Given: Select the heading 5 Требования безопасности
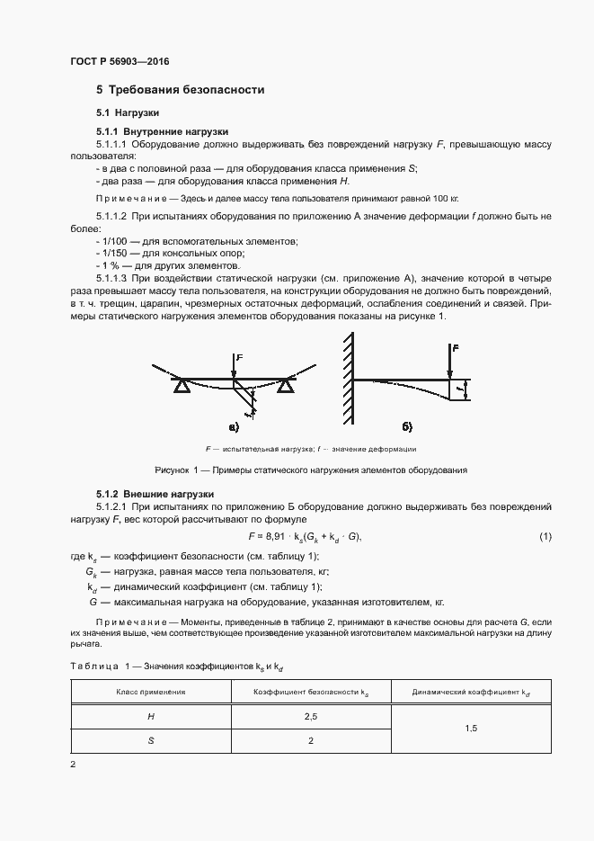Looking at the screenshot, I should click(180, 90).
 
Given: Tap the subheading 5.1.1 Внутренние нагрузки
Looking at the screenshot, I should click(162, 130).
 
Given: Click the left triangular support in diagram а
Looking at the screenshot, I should click(182, 386).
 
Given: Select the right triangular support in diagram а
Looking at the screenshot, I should click(286, 386).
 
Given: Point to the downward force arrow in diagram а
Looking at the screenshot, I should click(235, 367).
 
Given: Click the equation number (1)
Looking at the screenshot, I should click(545, 537).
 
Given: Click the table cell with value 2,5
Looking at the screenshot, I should click(311, 717).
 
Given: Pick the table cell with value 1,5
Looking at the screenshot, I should click(471, 729).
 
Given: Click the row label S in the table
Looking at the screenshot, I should click(150, 741).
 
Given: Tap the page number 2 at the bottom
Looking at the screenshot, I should click(73, 765).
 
